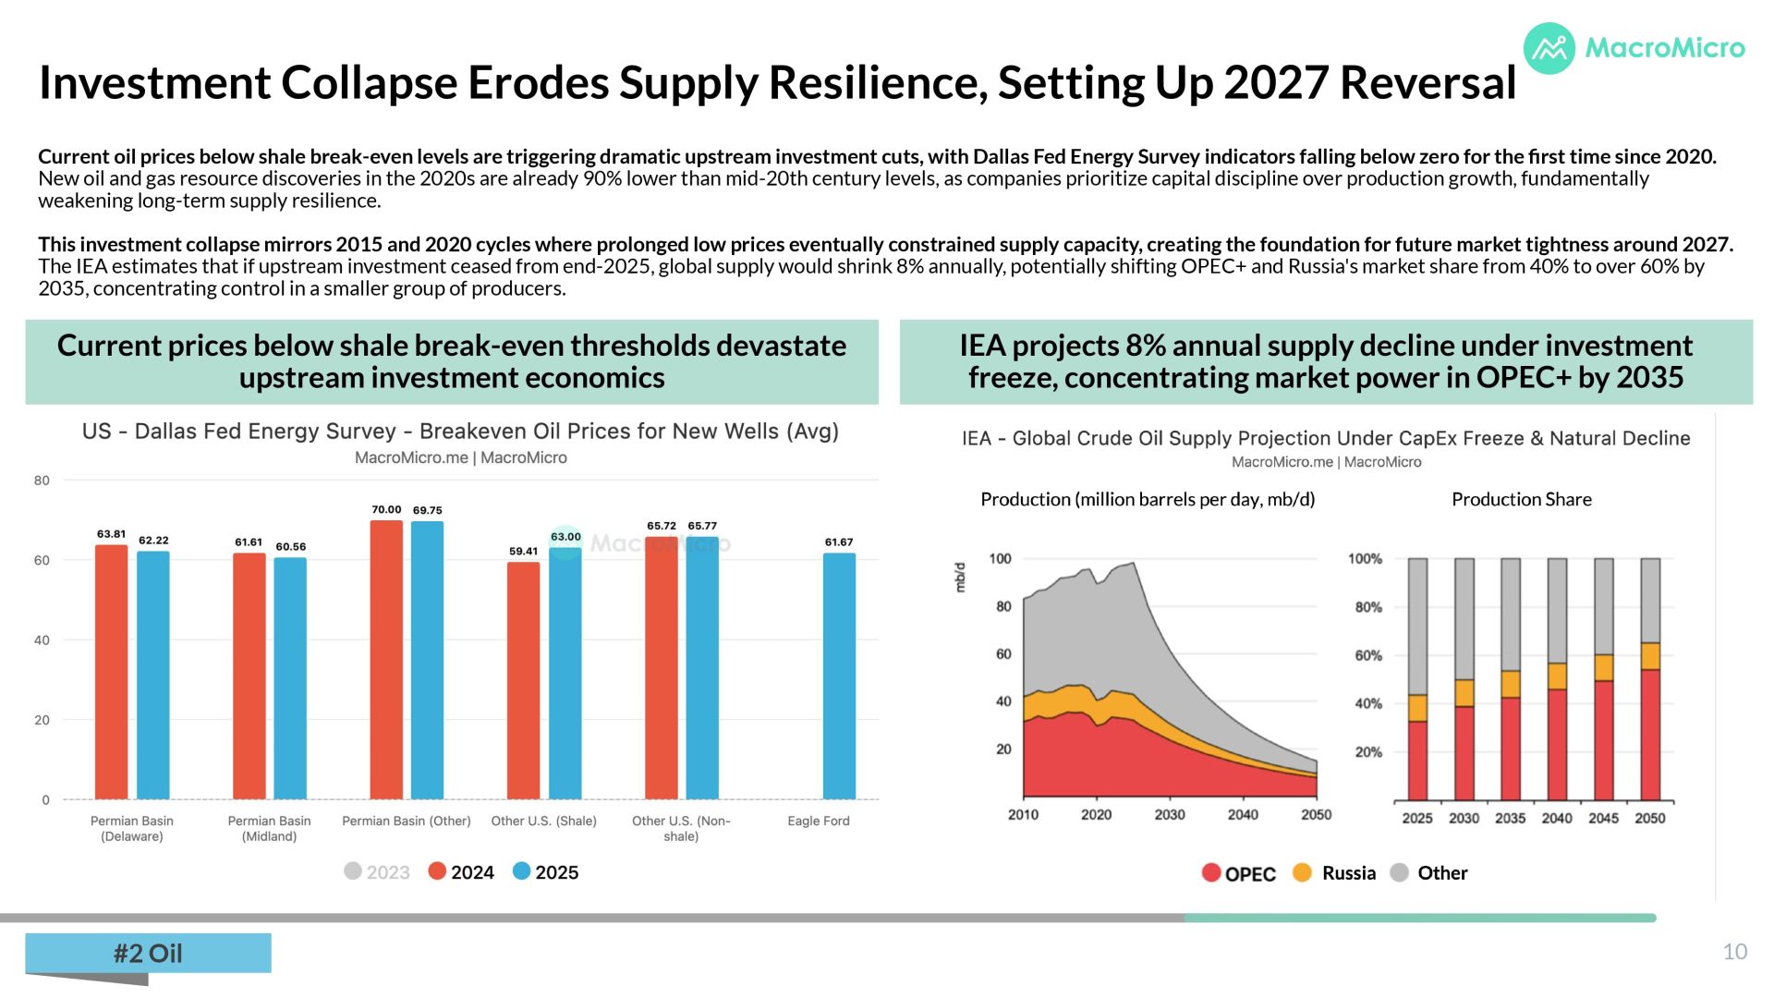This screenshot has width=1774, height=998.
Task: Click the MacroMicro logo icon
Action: (x=1549, y=48)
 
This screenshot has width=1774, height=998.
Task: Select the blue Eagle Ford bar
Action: (x=839, y=676)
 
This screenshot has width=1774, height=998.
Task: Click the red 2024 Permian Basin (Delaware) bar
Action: (x=112, y=672)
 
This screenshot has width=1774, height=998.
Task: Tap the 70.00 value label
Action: (x=386, y=509)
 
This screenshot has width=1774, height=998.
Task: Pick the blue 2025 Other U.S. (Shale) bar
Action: (x=565, y=674)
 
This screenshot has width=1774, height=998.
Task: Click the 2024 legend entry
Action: (x=461, y=871)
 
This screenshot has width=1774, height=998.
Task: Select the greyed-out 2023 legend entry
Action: (x=377, y=871)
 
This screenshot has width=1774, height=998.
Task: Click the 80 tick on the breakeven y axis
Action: (x=42, y=481)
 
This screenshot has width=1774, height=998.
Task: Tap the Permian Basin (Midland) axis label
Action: (x=269, y=828)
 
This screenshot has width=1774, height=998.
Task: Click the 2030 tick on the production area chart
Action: (x=1170, y=814)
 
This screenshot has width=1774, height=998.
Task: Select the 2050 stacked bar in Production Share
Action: (x=1650, y=679)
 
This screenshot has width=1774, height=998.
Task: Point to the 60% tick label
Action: (x=1368, y=655)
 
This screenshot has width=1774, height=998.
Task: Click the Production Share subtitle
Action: (x=1522, y=499)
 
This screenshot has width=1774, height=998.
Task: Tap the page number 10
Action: (x=1735, y=952)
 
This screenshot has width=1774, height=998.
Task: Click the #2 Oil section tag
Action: (x=148, y=953)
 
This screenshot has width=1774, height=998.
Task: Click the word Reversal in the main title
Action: (x=1428, y=82)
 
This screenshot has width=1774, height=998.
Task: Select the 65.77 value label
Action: (x=702, y=526)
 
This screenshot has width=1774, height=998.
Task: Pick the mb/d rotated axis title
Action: (x=960, y=577)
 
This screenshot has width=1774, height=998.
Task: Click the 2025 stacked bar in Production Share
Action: (x=1417, y=679)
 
